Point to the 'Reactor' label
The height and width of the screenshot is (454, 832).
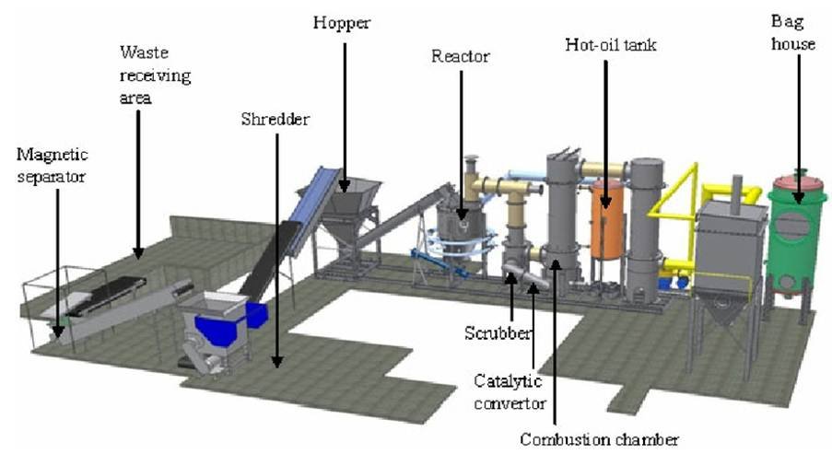pyautogui.click(x=461, y=57)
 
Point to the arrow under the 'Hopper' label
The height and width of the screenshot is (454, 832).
pyautogui.click(x=347, y=111)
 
